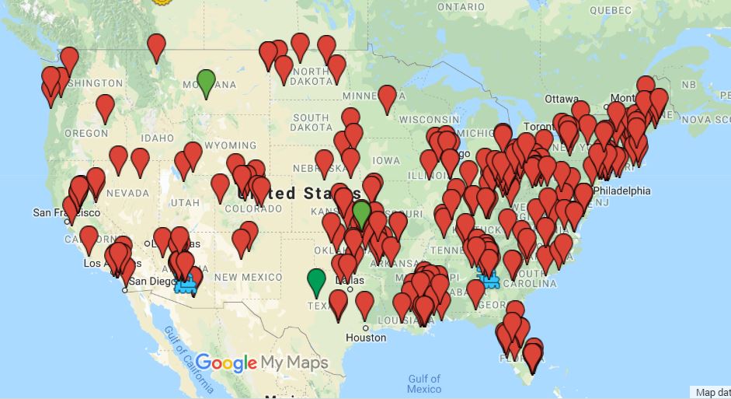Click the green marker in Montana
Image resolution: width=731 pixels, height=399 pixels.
coord(206,82)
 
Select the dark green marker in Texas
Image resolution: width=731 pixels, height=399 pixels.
coord(316,281)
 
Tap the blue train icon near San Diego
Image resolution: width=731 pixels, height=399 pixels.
coord(186,285)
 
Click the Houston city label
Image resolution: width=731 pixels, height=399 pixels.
coord(366,338)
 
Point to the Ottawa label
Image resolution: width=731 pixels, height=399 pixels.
coord(562,100)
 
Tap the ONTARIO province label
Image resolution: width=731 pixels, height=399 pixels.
coord(461,7)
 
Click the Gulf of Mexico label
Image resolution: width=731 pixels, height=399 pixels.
coord(424,383)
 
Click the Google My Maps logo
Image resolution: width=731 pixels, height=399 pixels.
coord(261,362)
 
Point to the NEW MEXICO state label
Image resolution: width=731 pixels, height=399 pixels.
coord(249,277)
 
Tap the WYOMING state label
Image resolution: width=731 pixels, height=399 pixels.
coord(231,145)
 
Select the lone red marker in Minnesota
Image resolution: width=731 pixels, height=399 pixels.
coord(387,98)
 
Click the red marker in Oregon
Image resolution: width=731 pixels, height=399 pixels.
coord(105,107)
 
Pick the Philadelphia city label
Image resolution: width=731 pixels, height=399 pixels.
coord(621,191)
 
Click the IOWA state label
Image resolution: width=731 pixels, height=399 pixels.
coord(386,161)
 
